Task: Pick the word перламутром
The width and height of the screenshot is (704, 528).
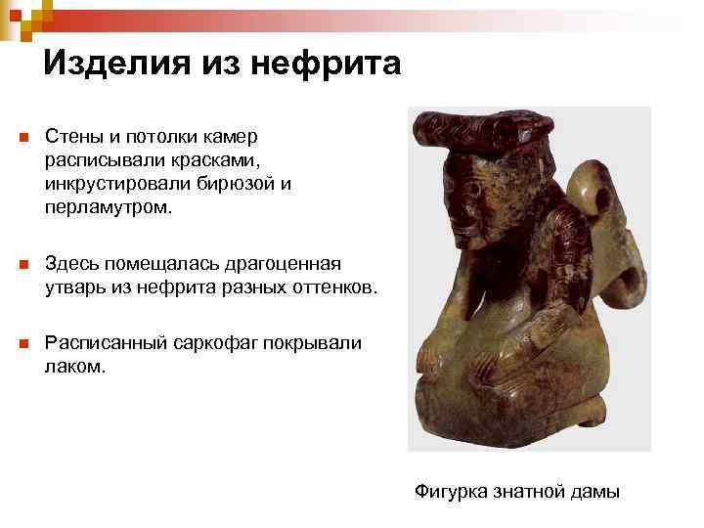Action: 108,205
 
